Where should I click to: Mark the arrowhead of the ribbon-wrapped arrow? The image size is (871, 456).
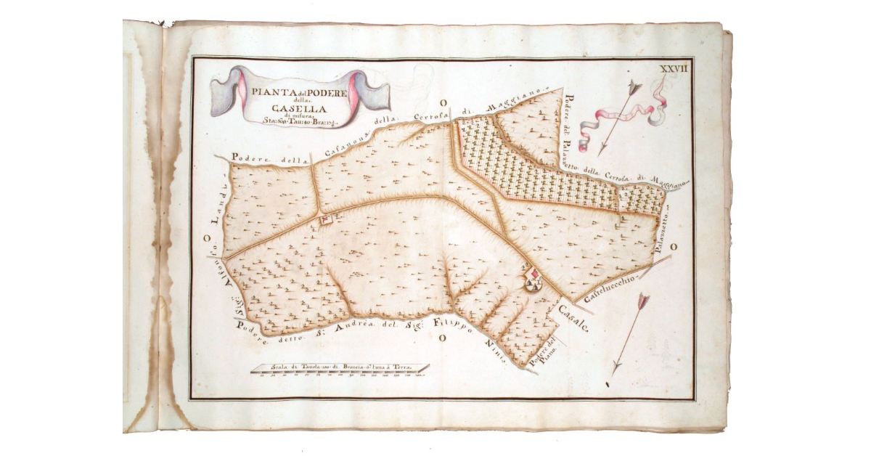click(x=634, y=87)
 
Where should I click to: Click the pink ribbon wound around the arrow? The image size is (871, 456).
click(x=624, y=113)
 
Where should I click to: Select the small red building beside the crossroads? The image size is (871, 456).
click(x=326, y=218)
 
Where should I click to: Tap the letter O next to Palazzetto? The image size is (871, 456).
click(x=674, y=248)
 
